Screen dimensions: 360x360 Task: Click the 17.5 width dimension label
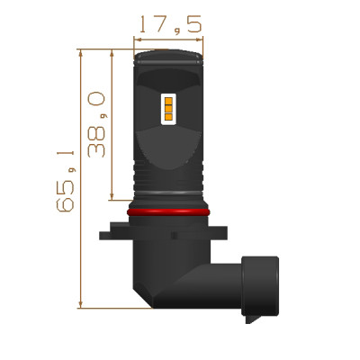coord(170,24)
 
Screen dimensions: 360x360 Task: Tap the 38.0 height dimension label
coord(96,124)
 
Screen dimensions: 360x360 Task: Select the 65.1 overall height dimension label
coord(66,181)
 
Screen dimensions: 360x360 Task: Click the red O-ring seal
coord(168,212)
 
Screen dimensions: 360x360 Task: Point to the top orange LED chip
coord(168,101)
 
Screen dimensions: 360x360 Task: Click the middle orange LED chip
coord(168,109)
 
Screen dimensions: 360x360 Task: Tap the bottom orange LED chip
coord(168,117)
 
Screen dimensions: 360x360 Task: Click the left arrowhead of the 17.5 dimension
coord(138,40)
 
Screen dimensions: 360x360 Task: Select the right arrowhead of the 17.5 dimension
coord(200,40)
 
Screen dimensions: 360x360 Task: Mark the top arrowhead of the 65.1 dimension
coord(80,53)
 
